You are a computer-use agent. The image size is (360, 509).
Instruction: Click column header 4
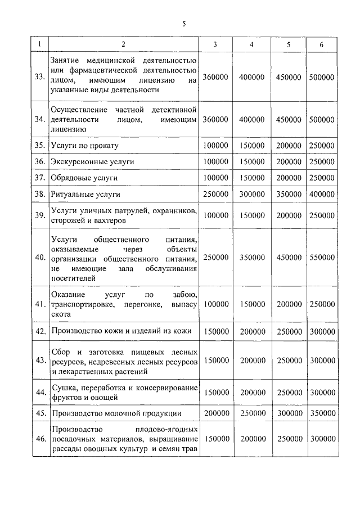click(x=251, y=44)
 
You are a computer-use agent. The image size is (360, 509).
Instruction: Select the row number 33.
click(x=39, y=76)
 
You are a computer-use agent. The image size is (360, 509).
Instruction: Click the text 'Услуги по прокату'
click(x=84, y=145)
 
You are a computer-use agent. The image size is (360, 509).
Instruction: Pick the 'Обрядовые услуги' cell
click(x=84, y=177)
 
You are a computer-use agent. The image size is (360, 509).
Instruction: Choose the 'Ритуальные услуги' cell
click(x=85, y=193)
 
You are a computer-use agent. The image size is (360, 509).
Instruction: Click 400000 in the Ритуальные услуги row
click(x=322, y=193)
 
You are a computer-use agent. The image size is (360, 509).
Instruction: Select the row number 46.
click(x=39, y=439)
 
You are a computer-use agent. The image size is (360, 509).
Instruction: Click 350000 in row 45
click(x=322, y=413)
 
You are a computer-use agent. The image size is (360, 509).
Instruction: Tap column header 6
click(x=322, y=44)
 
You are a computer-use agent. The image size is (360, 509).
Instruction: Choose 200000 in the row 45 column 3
click(x=215, y=413)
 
